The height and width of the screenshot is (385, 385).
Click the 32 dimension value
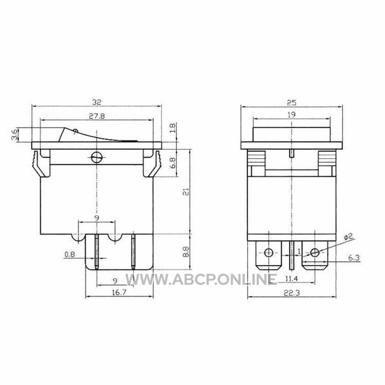point(97,102)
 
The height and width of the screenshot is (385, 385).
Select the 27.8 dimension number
point(97,116)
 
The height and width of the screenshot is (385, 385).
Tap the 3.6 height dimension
point(15,135)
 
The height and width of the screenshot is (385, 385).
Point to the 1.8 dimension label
point(173,128)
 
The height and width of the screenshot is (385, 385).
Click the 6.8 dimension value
point(173,163)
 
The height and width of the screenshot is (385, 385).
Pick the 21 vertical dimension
point(186,192)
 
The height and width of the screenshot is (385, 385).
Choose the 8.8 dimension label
point(186,252)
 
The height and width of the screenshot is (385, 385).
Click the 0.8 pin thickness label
point(70,255)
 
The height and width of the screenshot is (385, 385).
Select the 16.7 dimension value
point(119,293)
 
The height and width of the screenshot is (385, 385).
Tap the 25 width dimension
point(292,103)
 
